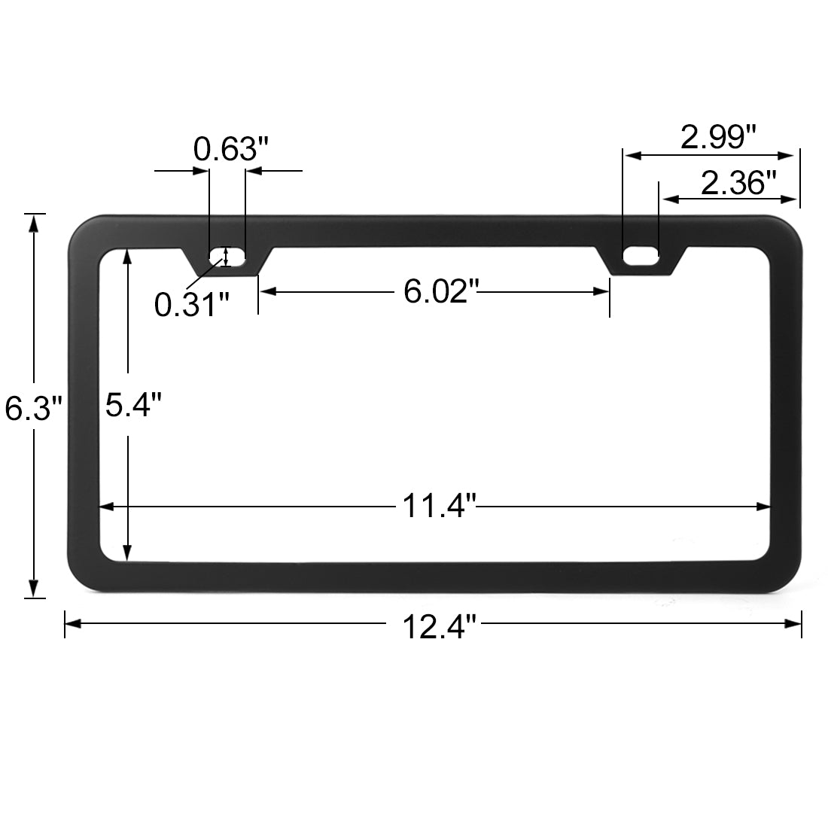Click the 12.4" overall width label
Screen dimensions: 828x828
tap(440, 626)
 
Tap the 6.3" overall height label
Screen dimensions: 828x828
tap(33, 409)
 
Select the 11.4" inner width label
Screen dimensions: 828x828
tap(440, 505)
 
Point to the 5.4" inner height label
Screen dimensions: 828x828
tap(133, 404)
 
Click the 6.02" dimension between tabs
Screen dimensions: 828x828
tap(441, 291)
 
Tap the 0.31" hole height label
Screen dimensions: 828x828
tap(192, 304)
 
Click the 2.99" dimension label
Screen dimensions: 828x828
tap(718, 137)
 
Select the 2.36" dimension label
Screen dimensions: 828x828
tap(738, 183)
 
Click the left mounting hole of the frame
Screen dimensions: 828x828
tap(227, 257)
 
